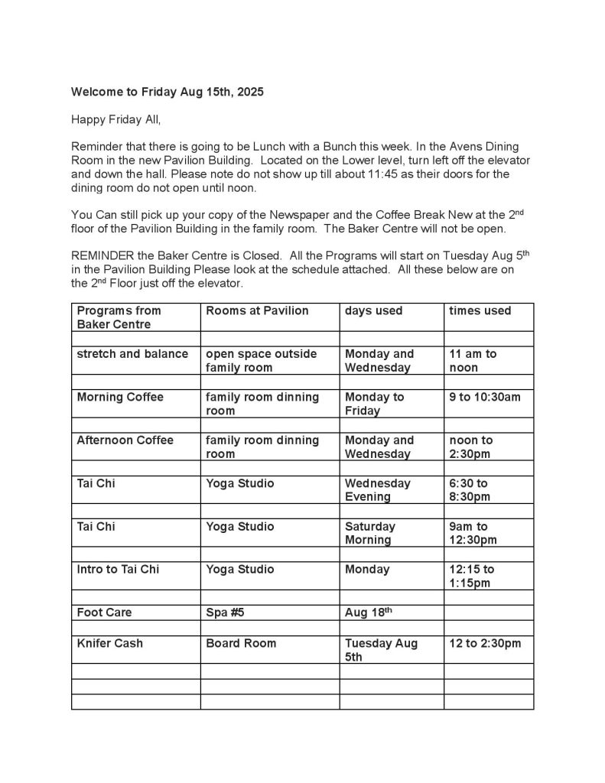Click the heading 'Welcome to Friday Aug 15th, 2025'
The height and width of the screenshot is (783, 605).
pos(168,92)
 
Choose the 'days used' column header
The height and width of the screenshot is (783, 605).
pos(373,310)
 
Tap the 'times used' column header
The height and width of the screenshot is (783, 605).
pos(480,310)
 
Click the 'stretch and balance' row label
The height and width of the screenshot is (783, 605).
pos(132,354)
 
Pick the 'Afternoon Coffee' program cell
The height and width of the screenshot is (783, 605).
pos(125,440)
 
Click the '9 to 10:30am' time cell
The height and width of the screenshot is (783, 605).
pos(485,397)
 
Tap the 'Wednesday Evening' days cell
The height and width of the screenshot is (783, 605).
pos(377,490)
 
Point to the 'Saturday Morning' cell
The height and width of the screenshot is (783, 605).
pos(370,533)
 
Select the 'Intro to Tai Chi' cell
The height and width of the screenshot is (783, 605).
pos(119,570)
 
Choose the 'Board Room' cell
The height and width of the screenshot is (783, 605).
pos(241,643)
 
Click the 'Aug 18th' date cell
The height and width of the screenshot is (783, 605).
pos(366,612)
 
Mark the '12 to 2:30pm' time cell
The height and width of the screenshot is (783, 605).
pos(485,643)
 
